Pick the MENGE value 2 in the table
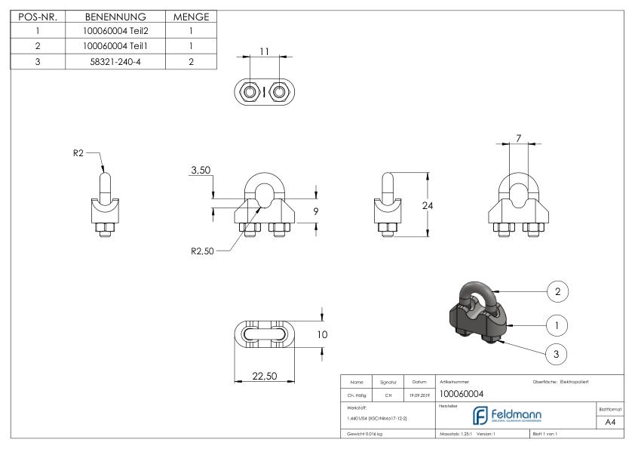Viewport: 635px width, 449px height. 191,61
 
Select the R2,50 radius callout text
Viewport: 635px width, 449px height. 204,251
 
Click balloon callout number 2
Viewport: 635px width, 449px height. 557,291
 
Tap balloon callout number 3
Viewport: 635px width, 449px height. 557,353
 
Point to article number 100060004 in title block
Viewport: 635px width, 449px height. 461,393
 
